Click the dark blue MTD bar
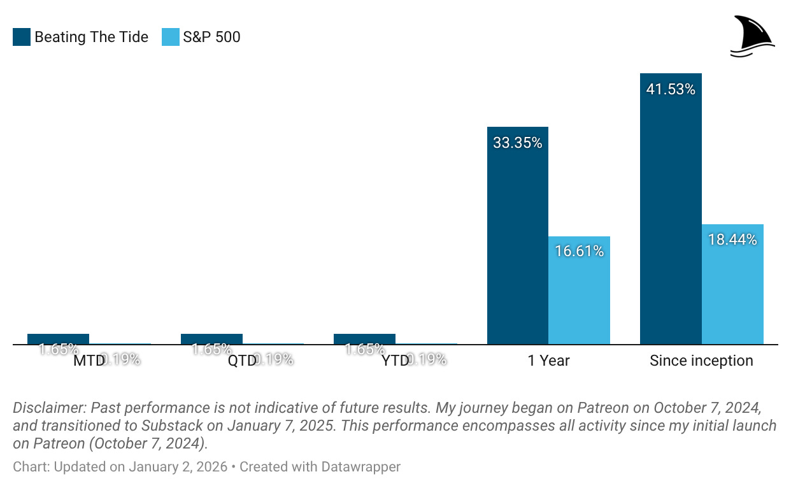pyautogui.click(x=58, y=339)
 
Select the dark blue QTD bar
pyautogui.click(x=211, y=339)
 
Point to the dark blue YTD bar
pyautogui.click(x=364, y=339)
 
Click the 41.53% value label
pyautogui.click(x=671, y=90)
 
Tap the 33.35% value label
pyautogui.click(x=517, y=143)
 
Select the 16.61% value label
pyautogui.click(x=579, y=252)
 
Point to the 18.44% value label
pyautogui.click(x=732, y=240)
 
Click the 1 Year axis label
pyautogui.click(x=548, y=361)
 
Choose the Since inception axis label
pyautogui.click(x=701, y=361)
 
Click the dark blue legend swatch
pyautogui.click(x=21, y=38)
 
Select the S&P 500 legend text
pyautogui.click(x=211, y=38)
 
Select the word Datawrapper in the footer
pyautogui.click(x=361, y=467)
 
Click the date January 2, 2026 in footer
pyautogui.click(x=178, y=467)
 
